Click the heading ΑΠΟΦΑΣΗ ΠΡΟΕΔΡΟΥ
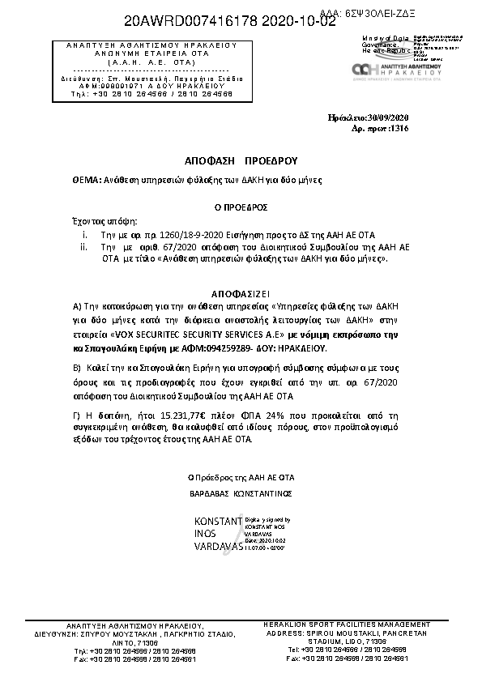tap(235, 160)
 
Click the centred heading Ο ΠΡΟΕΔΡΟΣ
tap(235, 207)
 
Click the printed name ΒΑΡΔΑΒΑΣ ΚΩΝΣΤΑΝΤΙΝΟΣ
tap(235, 492)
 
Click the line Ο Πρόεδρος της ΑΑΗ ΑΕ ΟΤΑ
tap(235, 477)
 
